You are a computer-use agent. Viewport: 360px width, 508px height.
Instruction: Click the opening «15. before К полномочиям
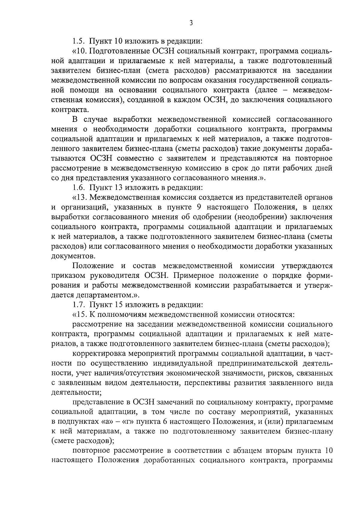[x=79, y=315]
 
